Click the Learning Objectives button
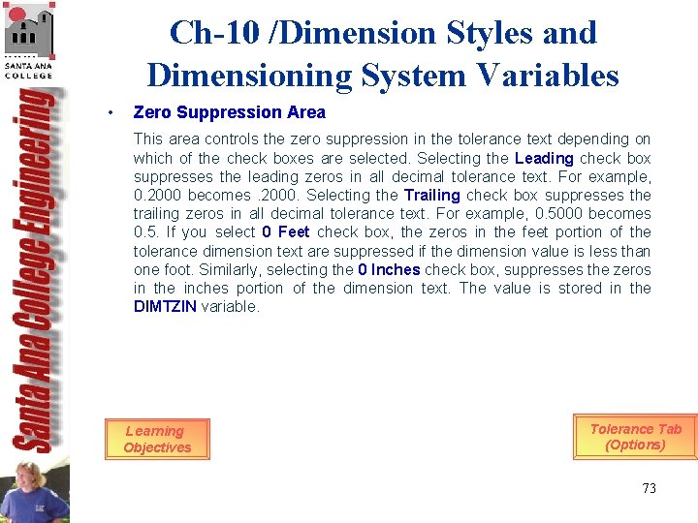click(x=157, y=440)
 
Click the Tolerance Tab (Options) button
click(x=635, y=437)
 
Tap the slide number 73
click(x=649, y=488)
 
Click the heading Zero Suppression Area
click(x=229, y=112)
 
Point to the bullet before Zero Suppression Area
click(x=113, y=112)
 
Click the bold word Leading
click(x=544, y=158)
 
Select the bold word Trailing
click(x=431, y=195)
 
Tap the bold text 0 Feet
click(x=286, y=231)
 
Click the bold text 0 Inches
click(x=388, y=269)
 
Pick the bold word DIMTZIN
click(x=165, y=306)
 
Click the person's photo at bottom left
click(x=35, y=492)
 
